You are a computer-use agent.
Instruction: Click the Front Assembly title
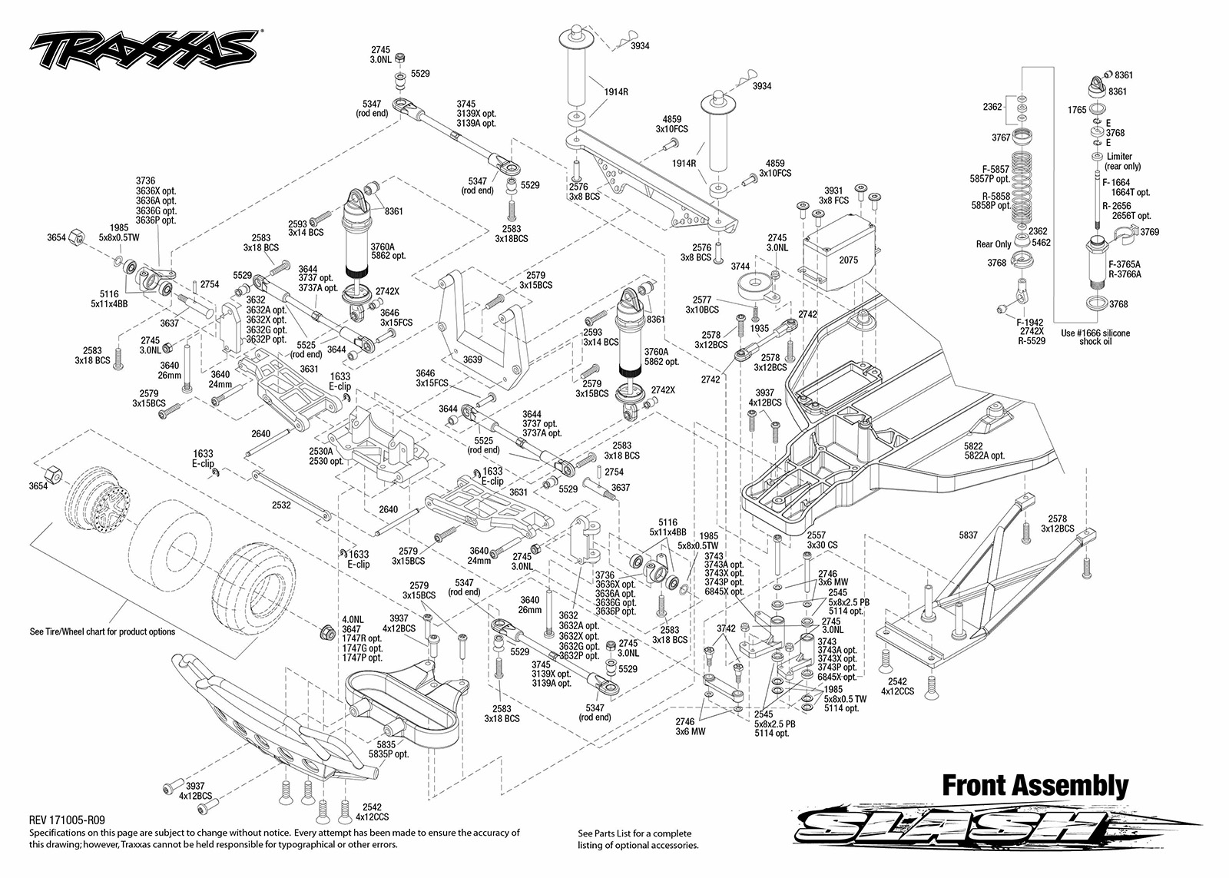click(1035, 785)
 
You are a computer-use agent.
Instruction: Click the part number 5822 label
click(973, 446)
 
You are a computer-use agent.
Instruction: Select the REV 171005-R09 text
click(67, 820)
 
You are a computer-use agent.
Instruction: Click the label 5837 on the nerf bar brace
click(968, 535)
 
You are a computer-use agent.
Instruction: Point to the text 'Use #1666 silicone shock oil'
click(1095, 337)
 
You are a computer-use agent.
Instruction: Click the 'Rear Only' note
click(993, 244)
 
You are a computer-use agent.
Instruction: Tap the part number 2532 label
click(281, 505)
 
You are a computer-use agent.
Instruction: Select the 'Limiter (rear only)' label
click(1122, 161)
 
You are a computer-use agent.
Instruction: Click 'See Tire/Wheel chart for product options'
click(103, 631)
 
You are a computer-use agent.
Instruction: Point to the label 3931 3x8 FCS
click(833, 195)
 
